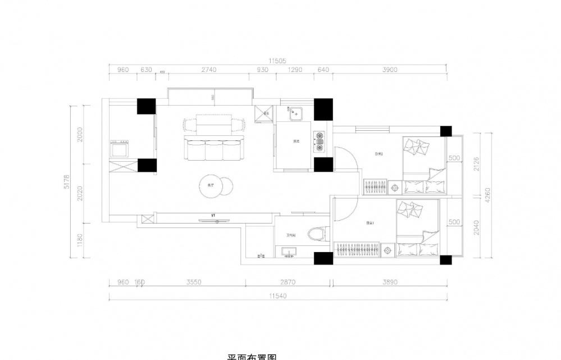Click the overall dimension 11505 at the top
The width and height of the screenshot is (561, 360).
277,61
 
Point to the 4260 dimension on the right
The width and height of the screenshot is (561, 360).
487,195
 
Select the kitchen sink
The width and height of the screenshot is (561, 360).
296,114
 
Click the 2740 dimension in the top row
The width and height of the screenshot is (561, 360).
208,70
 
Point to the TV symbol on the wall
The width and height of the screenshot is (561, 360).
214,220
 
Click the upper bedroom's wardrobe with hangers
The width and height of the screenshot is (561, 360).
375,186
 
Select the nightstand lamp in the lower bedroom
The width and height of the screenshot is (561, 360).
387,248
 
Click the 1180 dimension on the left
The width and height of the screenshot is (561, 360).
80,240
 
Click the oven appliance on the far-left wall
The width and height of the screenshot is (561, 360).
119,149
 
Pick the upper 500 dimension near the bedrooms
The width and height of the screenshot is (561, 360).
454,158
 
